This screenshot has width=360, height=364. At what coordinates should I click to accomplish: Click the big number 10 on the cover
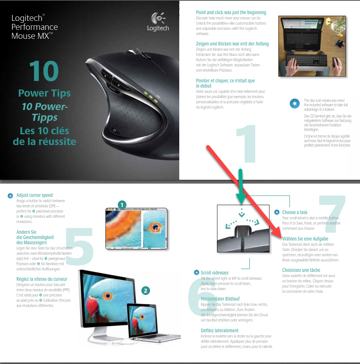[x=44, y=71]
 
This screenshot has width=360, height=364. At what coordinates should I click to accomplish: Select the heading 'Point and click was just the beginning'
[x=231, y=13]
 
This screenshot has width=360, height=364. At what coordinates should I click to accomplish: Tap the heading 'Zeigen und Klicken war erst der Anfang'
[x=232, y=44]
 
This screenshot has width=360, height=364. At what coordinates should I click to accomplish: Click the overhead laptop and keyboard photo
[x=312, y=46]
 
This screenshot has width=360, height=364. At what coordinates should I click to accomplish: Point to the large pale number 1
[x=246, y=144]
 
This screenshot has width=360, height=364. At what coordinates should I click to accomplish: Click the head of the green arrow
[x=241, y=198]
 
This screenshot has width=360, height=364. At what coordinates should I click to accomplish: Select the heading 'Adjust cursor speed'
[x=34, y=195]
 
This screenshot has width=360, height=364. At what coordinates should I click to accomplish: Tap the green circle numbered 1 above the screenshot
[x=122, y=205]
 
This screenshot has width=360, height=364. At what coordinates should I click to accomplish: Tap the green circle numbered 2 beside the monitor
[x=146, y=291]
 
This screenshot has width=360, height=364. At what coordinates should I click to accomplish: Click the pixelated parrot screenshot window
[x=136, y=229]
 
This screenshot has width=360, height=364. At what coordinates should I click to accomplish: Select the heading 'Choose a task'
[x=294, y=213]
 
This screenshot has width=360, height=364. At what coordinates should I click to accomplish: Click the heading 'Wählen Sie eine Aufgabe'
[x=305, y=239]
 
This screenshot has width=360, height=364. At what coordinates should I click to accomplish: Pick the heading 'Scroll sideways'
[x=215, y=273]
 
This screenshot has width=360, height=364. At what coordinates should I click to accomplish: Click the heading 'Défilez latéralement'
[x=220, y=330]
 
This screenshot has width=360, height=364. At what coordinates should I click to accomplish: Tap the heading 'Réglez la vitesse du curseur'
[x=42, y=279]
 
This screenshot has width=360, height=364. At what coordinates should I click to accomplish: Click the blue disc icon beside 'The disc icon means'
[x=294, y=104]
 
